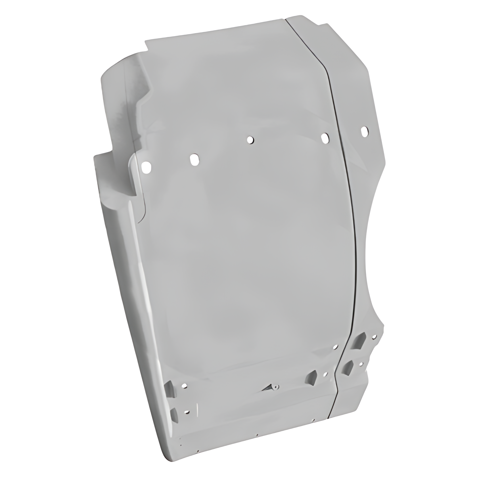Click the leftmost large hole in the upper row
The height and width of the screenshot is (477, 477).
pos(146,167)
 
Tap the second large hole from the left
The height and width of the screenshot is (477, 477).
pos(194,160)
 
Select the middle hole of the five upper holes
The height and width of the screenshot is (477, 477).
pos(250,140)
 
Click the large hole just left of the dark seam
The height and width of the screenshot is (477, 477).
pos(325,138)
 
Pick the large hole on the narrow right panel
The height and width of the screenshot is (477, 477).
pos(365,131)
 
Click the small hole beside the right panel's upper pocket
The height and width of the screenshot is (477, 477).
pos(374,337)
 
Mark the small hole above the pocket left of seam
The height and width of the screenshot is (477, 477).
pos(335,347)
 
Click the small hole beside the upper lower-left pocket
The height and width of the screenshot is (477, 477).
pos(185,386)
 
